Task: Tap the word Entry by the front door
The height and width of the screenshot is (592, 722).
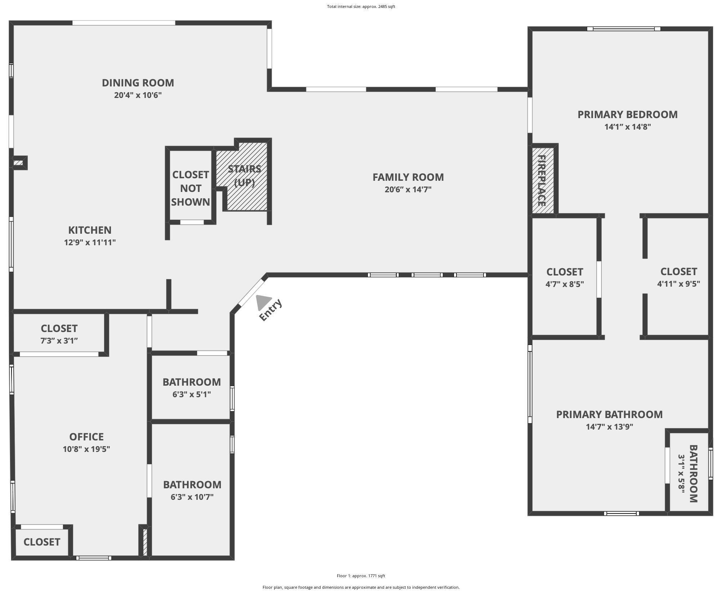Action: [x=271, y=310]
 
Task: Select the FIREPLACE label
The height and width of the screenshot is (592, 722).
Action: [x=541, y=180]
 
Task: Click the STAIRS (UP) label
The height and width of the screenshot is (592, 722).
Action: [x=244, y=175]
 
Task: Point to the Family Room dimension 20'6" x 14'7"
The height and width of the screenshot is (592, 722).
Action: [x=408, y=189]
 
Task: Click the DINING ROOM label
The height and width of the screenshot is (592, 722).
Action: [x=138, y=83]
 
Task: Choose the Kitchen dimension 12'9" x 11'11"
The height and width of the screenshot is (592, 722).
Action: [x=90, y=242]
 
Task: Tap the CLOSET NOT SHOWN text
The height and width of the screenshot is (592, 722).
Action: [x=191, y=188]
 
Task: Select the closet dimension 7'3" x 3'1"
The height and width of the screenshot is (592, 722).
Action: [x=59, y=341]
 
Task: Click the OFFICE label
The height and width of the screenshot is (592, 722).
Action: [x=86, y=437]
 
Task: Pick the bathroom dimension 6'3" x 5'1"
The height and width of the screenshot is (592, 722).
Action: [x=192, y=394]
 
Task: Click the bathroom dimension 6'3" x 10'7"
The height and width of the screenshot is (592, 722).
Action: [x=192, y=497]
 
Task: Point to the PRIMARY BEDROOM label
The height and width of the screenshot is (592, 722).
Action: [x=628, y=115]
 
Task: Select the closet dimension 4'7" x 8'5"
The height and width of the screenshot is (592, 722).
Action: [x=565, y=284]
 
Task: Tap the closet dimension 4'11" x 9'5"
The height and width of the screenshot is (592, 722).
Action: [x=678, y=284]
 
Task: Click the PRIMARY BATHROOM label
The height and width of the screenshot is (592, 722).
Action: [x=609, y=414]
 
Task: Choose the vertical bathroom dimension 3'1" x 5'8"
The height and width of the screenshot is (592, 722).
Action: [x=682, y=474]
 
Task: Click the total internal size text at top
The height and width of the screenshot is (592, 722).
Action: [x=361, y=6]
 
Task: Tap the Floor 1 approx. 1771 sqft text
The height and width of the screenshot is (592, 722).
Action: [x=361, y=576]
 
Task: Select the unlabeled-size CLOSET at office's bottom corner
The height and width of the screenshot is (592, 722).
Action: [x=42, y=542]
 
